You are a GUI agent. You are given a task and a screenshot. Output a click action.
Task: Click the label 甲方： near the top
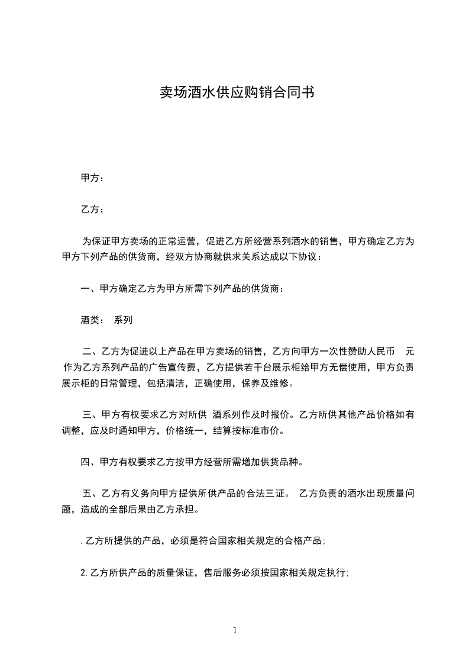(x=92, y=178)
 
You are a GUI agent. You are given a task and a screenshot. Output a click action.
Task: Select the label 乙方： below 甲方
(x=92, y=209)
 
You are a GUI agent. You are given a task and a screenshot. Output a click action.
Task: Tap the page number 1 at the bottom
(x=235, y=630)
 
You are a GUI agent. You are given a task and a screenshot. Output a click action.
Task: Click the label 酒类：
(x=92, y=320)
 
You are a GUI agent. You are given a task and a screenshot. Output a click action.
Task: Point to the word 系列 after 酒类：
(x=123, y=320)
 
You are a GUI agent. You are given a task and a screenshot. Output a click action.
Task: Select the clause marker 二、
(x=92, y=352)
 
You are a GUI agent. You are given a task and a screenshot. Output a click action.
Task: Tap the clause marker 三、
(x=92, y=415)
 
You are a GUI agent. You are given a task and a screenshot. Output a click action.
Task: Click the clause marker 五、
(x=92, y=494)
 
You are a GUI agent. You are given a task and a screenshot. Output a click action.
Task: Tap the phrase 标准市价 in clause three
(x=265, y=430)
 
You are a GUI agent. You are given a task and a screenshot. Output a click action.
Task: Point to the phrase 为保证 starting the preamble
(x=96, y=241)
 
